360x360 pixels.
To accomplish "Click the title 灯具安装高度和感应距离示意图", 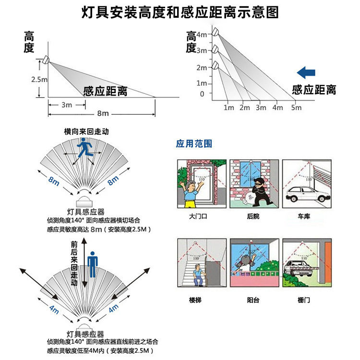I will click(x=180, y=12).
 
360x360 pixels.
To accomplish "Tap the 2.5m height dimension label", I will click(x=39, y=79).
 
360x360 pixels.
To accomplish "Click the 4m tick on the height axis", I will click(x=202, y=35).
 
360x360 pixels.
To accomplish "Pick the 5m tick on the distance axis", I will click(x=296, y=108).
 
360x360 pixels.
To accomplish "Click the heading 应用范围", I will click(x=194, y=143).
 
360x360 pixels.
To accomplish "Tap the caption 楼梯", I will click(x=195, y=300).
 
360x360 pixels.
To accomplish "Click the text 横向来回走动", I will click(x=86, y=131).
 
